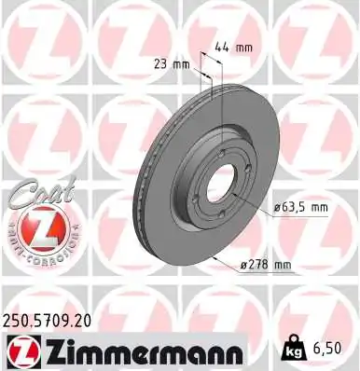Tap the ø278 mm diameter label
point(266,266)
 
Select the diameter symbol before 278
point(242,266)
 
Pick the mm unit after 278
point(282,266)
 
